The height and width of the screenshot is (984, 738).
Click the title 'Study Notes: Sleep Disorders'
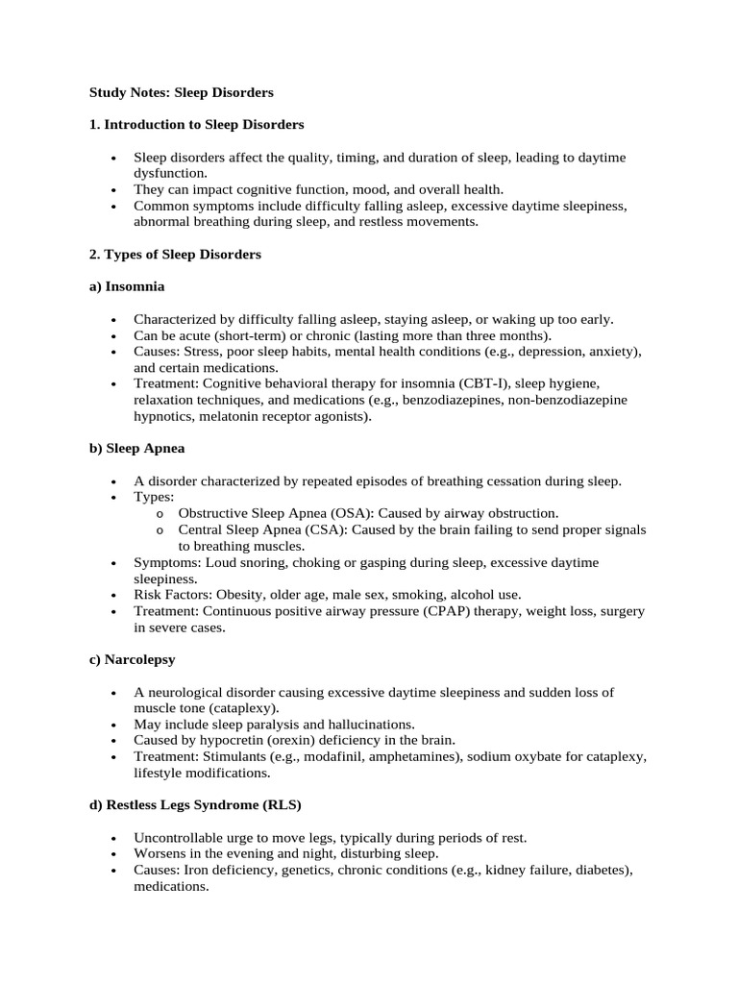[x=182, y=92]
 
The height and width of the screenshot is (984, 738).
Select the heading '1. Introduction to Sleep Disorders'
[x=197, y=125]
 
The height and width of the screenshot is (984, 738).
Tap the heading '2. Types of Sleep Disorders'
[x=175, y=255]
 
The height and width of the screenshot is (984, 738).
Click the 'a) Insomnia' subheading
[x=127, y=286]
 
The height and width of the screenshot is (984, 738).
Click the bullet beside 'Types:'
[x=114, y=498]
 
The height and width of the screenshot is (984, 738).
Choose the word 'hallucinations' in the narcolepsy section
[x=368, y=724]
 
